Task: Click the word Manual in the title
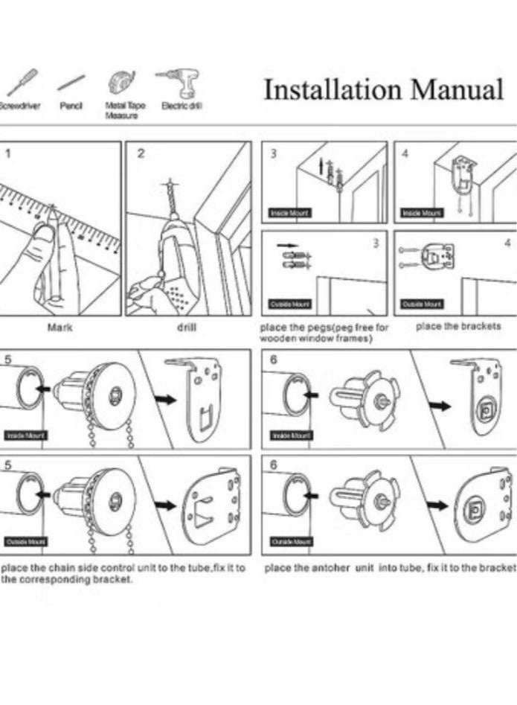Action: (x=457, y=90)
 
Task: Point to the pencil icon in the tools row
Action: (x=71, y=83)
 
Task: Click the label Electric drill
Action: (x=182, y=106)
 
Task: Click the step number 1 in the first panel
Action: (x=9, y=153)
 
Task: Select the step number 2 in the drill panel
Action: (x=141, y=153)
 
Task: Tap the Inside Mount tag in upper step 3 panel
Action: (x=290, y=213)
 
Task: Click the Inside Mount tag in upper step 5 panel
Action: (x=27, y=435)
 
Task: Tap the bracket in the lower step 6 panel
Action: (x=484, y=505)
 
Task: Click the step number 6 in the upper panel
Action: (x=274, y=359)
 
